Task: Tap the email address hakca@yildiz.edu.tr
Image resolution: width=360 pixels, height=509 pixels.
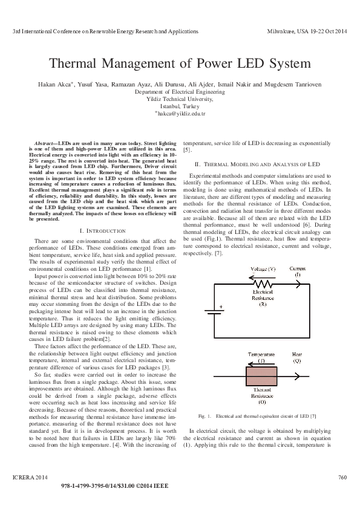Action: coord(180,113)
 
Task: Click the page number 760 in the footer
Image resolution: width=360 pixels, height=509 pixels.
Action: coord(341,478)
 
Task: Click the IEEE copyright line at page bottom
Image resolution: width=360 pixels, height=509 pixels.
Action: coord(180,485)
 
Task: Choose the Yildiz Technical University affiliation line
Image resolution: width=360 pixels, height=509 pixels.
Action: coord(180,99)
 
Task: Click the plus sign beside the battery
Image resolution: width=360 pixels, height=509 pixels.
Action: coord(220,306)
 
